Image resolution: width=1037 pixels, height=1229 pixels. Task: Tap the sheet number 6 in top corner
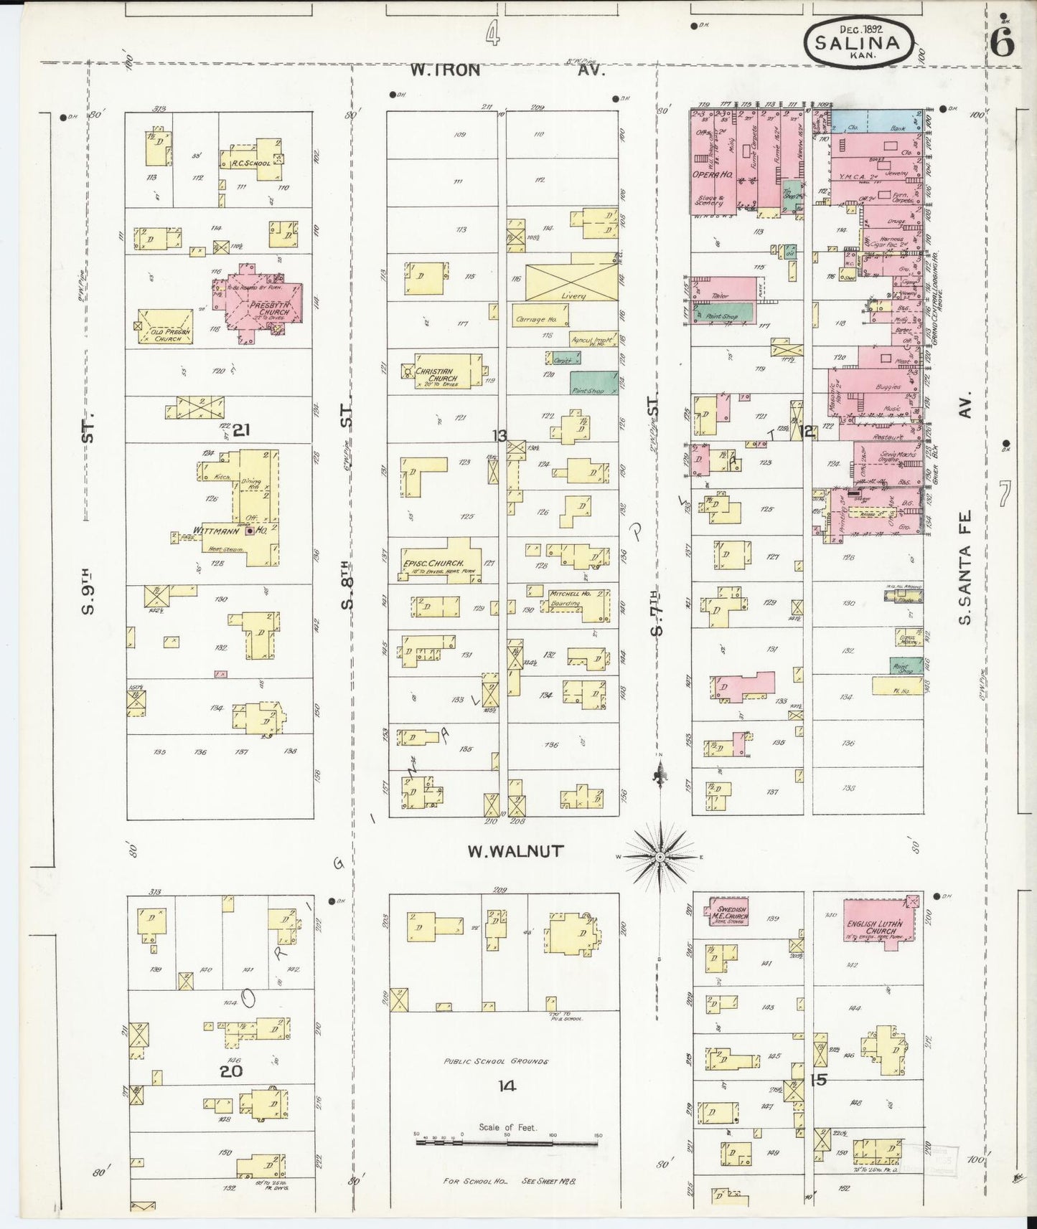(x=1002, y=44)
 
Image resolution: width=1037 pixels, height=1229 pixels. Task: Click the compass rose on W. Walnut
(x=660, y=857)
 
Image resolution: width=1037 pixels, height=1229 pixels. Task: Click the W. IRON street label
(x=444, y=70)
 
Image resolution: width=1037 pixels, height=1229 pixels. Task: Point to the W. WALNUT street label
(x=515, y=851)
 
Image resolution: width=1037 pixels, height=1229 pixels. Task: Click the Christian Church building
(x=444, y=371)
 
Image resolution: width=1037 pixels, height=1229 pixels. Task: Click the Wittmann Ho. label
(x=225, y=531)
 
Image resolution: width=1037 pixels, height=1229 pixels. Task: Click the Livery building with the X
(x=571, y=283)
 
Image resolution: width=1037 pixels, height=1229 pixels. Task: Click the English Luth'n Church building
(x=881, y=926)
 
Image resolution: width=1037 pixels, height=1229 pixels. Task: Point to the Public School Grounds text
(x=495, y=1061)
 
